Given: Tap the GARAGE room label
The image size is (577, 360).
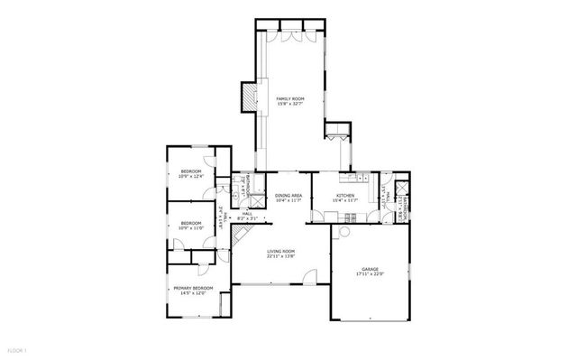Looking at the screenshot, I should (370, 269).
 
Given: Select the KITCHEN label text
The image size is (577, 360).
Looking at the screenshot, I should (345, 196).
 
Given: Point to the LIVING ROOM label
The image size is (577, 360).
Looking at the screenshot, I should (281, 252).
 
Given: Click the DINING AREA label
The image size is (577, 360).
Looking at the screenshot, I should (288, 196).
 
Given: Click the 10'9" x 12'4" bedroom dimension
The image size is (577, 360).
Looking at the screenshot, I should (190, 176).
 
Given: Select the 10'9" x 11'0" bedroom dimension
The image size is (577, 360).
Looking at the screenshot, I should (189, 227).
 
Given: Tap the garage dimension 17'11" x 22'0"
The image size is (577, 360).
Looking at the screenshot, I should (370, 274).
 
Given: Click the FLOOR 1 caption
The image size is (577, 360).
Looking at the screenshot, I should (18, 349).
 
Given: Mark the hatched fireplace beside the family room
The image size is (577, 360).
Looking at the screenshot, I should (247, 96).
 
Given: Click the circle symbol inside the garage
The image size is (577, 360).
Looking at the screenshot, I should (343, 232).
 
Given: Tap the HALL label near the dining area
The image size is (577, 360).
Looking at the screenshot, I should (246, 214).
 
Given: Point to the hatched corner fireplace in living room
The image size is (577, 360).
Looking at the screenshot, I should (238, 234).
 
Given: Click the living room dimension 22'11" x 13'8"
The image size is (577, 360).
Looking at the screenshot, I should (281, 257).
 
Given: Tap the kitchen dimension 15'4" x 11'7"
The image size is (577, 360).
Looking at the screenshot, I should (345, 201).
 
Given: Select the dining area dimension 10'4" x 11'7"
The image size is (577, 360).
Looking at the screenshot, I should (288, 201).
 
